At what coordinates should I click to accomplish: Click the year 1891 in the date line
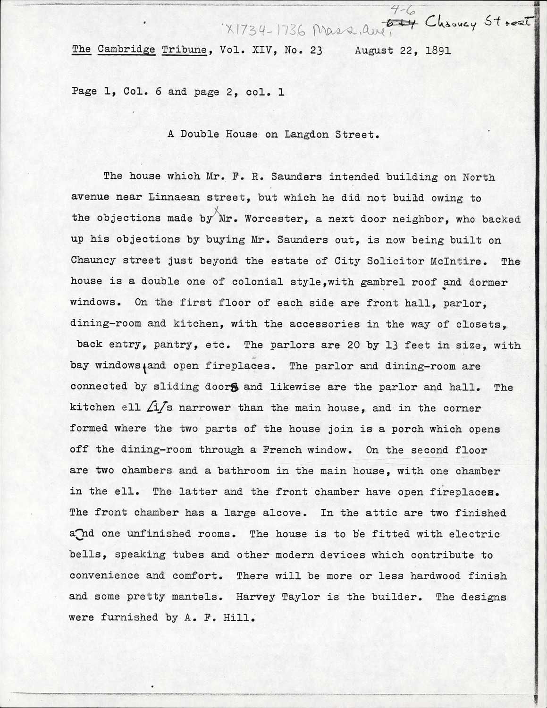[x=438, y=50]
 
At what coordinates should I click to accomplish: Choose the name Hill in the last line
[x=244, y=617]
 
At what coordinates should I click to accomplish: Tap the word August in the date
[x=374, y=50]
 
